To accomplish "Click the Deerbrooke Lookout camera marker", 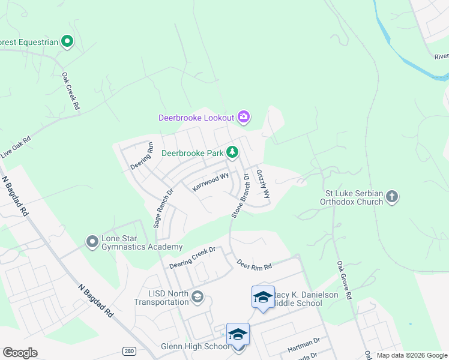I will (x=243, y=117).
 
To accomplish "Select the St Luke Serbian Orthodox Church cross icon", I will (x=391, y=196).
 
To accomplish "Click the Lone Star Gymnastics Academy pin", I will (x=92, y=242).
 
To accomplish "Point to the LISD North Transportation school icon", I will (x=197, y=296).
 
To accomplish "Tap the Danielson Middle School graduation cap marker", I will (x=262, y=297).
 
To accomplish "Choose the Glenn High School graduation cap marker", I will (x=238, y=334).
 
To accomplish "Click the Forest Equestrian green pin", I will (x=68, y=41).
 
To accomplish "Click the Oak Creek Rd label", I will (x=71, y=91).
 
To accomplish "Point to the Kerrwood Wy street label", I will (x=210, y=182).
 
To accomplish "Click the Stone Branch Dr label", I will (x=240, y=196).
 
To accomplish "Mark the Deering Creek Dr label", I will (x=191, y=258).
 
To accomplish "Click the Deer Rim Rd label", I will (x=254, y=265).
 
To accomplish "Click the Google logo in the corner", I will (x=20, y=353).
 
